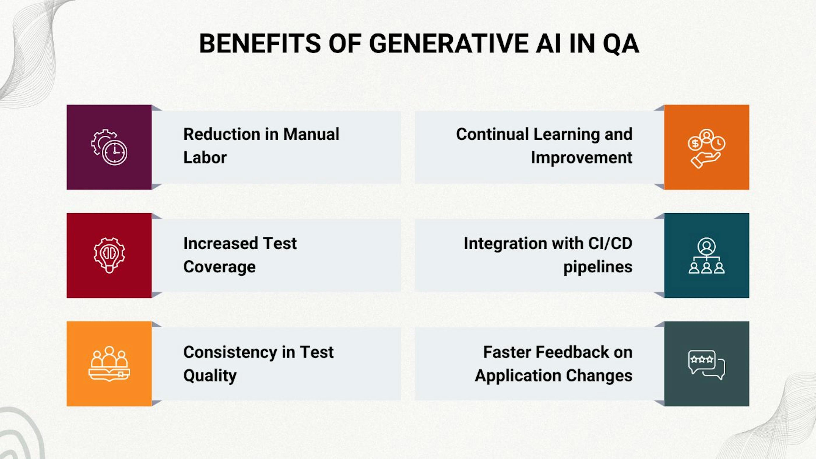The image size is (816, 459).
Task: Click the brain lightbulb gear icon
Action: click(x=109, y=255)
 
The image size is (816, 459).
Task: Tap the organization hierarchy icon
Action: click(x=706, y=256)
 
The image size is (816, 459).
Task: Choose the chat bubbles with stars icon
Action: click(x=706, y=365)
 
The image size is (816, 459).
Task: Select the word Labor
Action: click(x=205, y=158)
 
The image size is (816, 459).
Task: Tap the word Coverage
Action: click(x=219, y=267)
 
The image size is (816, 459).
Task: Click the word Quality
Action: click(x=210, y=376)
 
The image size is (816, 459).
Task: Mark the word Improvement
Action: click(x=582, y=158)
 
